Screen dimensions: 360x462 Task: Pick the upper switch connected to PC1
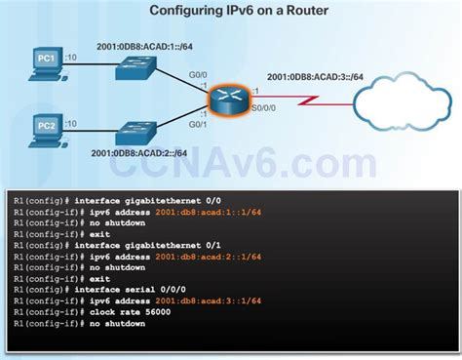click(136, 67)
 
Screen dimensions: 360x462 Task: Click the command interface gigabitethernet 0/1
click(133, 245)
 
